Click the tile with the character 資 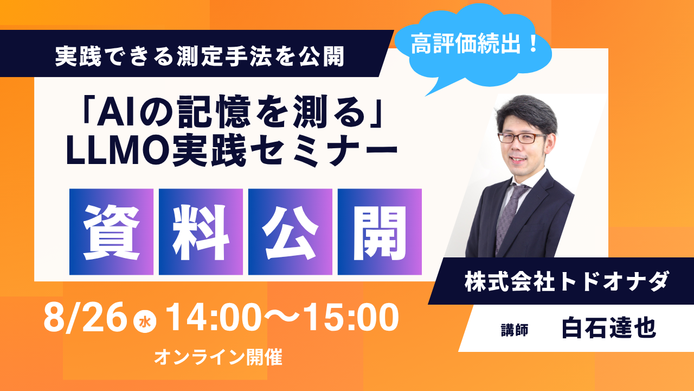coord(111,232)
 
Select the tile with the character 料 coord(201,232)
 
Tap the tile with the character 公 coord(290,232)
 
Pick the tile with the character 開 coord(380,232)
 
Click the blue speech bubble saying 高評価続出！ coord(474,47)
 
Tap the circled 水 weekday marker coord(145,323)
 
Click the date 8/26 coord(86,318)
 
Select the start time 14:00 coord(214,318)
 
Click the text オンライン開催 coord(218,357)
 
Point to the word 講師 coord(515,330)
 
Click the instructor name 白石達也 coord(609,328)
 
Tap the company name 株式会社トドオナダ coord(567,281)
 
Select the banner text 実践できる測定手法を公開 coord(200,56)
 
